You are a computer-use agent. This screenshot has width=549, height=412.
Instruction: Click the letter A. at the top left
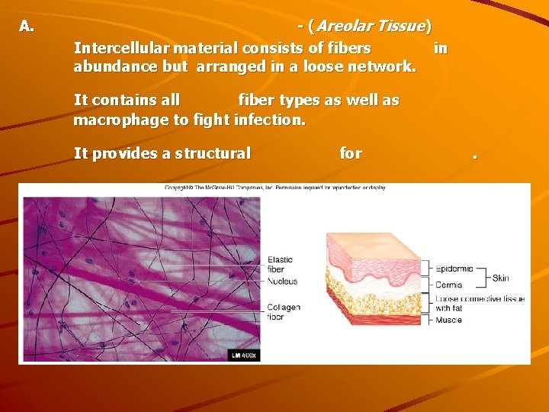[27, 27]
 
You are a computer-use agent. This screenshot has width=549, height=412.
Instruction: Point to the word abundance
[114, 66]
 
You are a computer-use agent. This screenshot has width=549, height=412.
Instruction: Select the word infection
[271, 119]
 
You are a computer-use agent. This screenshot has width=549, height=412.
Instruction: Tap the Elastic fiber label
[280, 265]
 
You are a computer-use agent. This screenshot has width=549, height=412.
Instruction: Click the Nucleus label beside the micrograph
[282, 282]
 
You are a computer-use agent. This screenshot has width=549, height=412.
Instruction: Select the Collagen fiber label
[284, 311]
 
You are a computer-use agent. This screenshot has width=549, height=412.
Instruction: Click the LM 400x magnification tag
[244, 355]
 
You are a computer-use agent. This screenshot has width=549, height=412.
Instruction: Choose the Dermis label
[448, 285]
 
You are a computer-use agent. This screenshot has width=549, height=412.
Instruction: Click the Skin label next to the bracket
[501, 278]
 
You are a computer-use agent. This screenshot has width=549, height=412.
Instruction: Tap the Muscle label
[448, 320]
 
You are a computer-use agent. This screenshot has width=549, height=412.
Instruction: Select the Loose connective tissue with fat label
[479, 303]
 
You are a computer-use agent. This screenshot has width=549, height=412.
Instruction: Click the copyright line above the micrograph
[274, 188]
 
